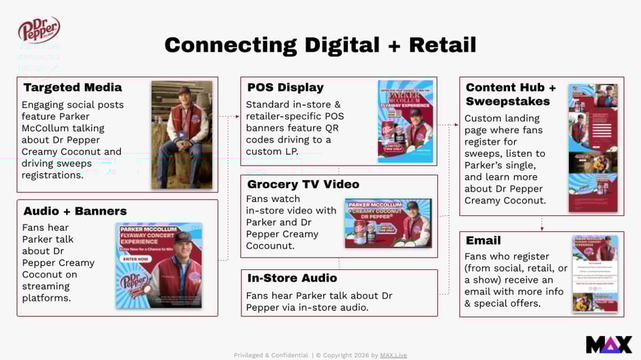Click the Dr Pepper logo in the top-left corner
pyautogui.click(x=39, y=30)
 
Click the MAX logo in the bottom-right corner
pyautogui.click(x=608, y=344)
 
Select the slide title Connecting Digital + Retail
pyautogui.click(x=320, y=45)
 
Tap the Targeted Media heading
pyautogui.click(x=72, y=87)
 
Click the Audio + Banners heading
pyautogui.click(x=75, y=211)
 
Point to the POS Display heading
pyautogui.click(x=285, y=87)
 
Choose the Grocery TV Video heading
pyautogui.click(x=303, y=184)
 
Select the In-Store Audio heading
pyautogui.click(x=292, y=278)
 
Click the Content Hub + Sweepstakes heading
pyautogui.click(x=511, y=94)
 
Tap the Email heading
pyautogui.click(x=483, y=240)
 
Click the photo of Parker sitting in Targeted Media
pyautogui.click(x=181, y=135)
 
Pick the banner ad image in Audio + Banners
pyautogui.click(x=159, y=265)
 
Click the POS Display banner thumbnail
pyautogui.click(x=406, y=121)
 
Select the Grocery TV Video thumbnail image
pyautogui.click(x=389, y=223)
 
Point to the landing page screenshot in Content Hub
pyautogui.click(x=593, y=148)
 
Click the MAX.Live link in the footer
pyautogui.click(x=393, y=355)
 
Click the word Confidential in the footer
pyautogui.click(x=286, y=355)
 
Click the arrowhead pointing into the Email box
pyautogui.click(x=541, y=228)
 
